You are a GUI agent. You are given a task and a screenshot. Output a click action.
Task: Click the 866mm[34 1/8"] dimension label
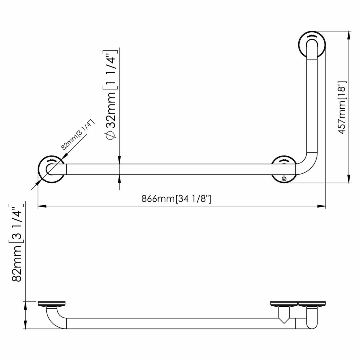176,199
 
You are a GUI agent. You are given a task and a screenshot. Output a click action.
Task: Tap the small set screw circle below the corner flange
284,179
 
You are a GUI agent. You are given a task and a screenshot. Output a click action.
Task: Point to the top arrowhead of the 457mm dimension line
349,34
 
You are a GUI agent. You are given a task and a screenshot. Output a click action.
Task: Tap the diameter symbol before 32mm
110,135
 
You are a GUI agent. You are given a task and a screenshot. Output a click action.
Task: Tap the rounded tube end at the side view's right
312,324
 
